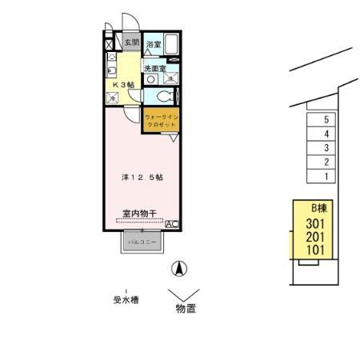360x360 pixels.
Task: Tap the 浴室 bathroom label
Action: [x=154, y=45]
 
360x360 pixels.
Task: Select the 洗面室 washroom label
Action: [x=155, y=69]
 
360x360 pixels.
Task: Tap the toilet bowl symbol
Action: [x=162, y=96]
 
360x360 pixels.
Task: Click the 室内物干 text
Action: [x=139, y=215]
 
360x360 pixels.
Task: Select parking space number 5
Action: [x=326, y=120]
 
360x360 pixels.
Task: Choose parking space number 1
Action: [x=326, y=175]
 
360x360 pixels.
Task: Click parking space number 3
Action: [x=326, y=148]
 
